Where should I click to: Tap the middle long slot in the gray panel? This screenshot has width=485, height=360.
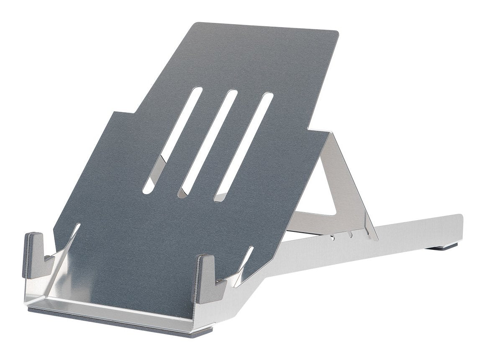[x=208, y=142]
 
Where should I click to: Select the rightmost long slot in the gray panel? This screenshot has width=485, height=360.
[x=244, y=147]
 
